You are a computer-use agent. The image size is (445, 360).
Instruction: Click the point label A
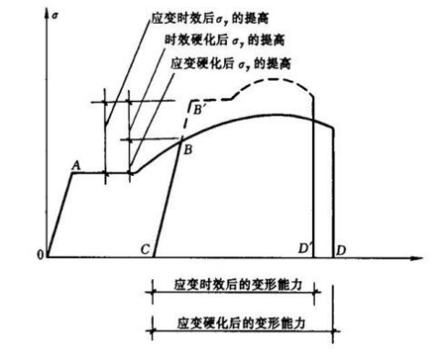pos(76,163)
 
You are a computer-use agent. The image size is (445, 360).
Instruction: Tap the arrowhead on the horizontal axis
pos(422,258)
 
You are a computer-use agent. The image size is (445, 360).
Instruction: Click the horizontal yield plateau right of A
pos(101,171)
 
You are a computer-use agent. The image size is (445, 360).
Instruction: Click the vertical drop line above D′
pos(314,183)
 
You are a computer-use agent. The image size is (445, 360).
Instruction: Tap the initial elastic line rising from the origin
pos(58,215)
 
